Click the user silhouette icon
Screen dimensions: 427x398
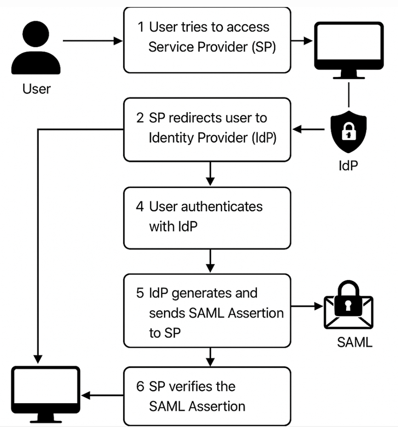[36, 49]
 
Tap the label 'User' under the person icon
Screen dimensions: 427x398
[36, 88]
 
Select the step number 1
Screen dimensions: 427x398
[141, 27]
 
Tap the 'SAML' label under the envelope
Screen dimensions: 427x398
[355, 342]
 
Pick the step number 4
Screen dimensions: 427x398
[140, 206]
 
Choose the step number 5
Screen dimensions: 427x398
[140, 293]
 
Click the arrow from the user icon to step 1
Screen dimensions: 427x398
[92, 41]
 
